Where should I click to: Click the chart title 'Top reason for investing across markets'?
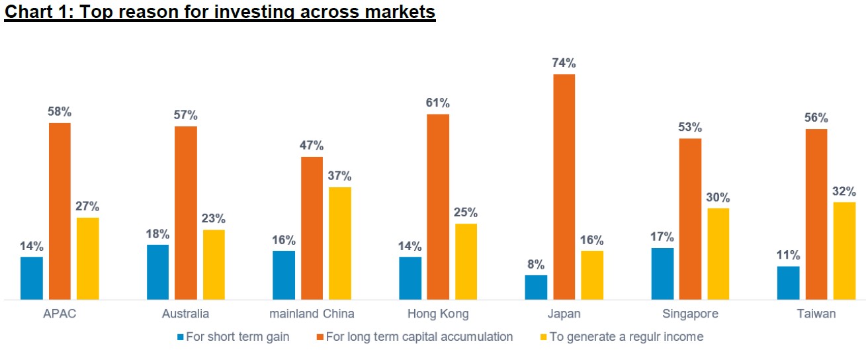point(220,12)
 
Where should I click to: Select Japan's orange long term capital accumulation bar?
point(564,187)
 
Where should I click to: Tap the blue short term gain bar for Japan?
point(536,287)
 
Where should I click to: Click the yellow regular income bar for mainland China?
point(340,243)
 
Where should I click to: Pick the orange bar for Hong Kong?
point(437,206)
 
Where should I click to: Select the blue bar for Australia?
point(157,272)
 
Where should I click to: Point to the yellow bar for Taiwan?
point(844,251)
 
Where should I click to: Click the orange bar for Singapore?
point(690,219)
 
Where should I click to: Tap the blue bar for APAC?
point(32,278)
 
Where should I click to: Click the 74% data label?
point(564,64)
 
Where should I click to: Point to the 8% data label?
point(536,265)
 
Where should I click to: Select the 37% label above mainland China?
point(340,176)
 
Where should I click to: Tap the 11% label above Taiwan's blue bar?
point(788,255)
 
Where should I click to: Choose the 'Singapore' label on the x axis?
point(690,314)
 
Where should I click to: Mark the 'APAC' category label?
point(60,314)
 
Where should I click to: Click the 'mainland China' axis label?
point(312,314)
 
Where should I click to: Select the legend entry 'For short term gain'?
point(233,337)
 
